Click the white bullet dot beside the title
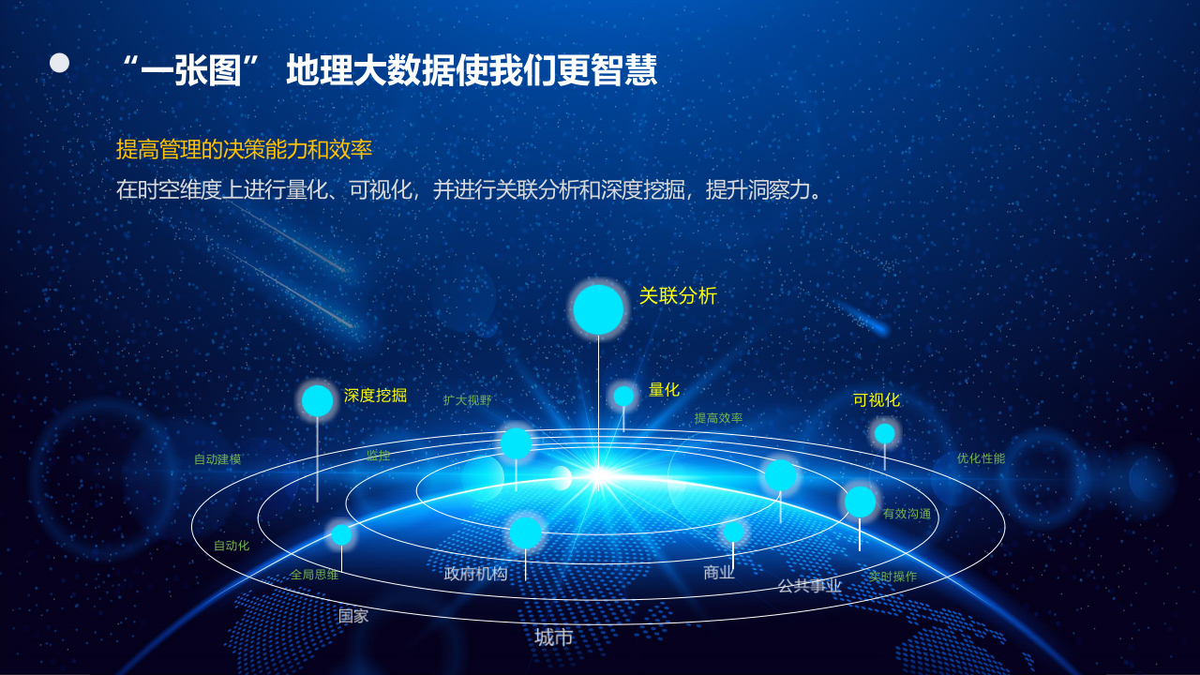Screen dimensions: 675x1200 (x=60, y=63)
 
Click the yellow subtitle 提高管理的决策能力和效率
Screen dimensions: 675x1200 (x=244, y=149)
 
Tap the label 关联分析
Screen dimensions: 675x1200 (x=678, y=296)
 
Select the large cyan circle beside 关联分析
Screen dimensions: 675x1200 (x=598, y=309)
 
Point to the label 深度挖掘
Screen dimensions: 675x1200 (x=375, y=396)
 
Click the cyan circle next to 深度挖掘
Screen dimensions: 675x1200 (x=318, y=400)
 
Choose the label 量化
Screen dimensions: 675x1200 (x=664, y=390)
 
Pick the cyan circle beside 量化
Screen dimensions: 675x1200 (x=623, y=397)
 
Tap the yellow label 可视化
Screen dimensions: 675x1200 (x=876, y=400)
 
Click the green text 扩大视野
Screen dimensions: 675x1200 (x=467, y=400)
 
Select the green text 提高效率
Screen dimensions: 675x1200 (x=718, y=418)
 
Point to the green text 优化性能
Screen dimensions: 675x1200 (x=981, y=458)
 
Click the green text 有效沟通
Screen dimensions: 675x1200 (x=907, y=514)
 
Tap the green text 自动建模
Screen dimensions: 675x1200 (x=217, y=459)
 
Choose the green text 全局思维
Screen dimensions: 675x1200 (x=314, y=575)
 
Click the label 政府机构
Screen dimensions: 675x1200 (x=475, y=574)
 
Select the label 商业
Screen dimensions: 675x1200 (x=719, y=573)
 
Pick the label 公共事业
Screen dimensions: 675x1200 (x=809, y=586)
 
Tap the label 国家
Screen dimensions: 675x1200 (x=353, y=616)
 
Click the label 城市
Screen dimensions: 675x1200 (x=553, y=637)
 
